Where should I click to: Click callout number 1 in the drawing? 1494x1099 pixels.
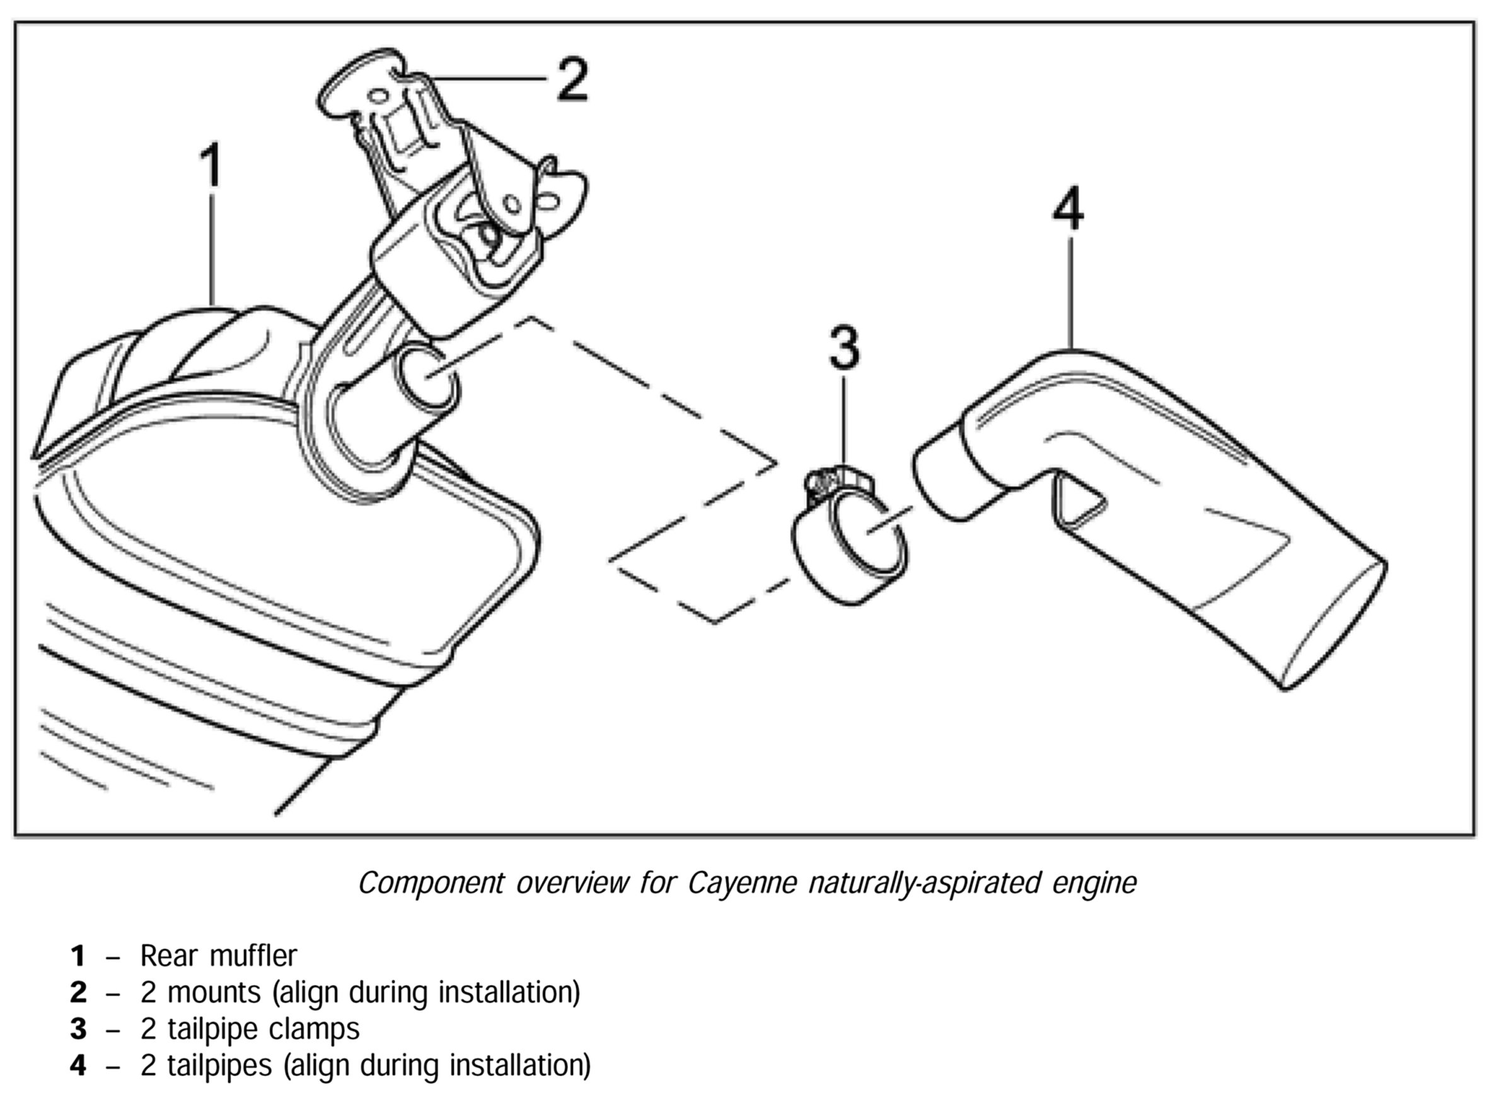click(x=211, y=164)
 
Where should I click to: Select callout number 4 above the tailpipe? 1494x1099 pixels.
click(x=1067, y=208)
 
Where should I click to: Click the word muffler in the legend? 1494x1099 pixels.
click(x=253, y=956)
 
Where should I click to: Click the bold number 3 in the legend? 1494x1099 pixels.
click(x=78, y=1029)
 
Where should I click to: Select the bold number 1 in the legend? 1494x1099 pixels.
click(x=78, y=956)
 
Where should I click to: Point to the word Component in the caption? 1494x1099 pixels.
click(x=431, y=883)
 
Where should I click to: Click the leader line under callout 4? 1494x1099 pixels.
click(x=1070, y=293)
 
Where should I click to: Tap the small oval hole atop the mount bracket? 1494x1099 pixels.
click(x=378, y=96)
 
